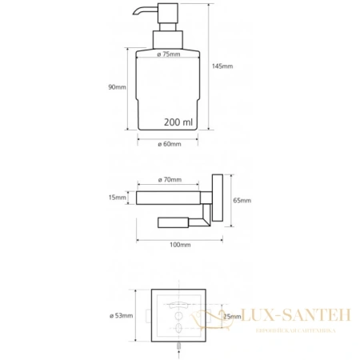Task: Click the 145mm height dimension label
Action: (x=222, y=66)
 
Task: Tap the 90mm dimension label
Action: (x=117, y=87)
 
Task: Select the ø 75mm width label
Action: (x=169, y=54)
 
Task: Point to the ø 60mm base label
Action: (x=170, y=144)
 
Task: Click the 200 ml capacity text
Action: (x=178, y=122)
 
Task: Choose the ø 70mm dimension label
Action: (x=170, y=180)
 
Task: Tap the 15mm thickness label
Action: (x=117, y=198)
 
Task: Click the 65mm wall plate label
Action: (x=242, y=200)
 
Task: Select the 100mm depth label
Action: (x=180, y=245)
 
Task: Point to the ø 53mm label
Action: (x=122, y=316)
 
